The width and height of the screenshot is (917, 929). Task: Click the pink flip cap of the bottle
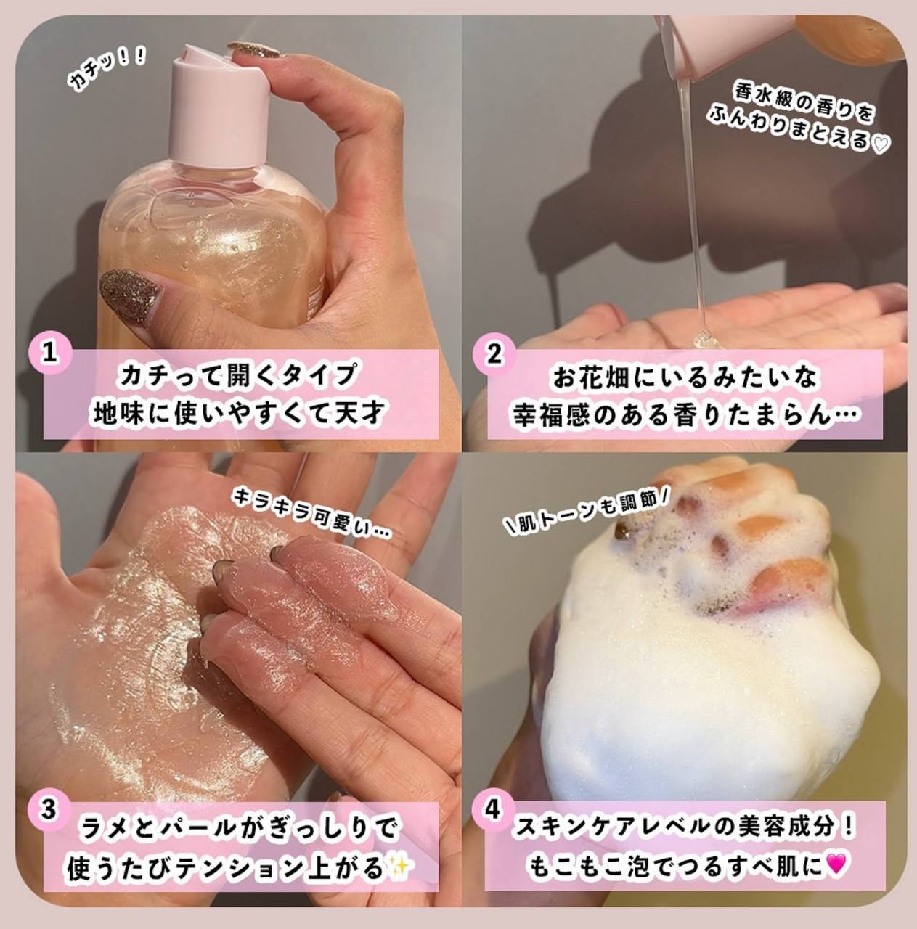tap(219, 105)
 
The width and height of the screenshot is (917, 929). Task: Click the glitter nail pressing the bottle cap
tap(253, 49)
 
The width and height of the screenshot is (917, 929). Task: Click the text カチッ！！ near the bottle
tap(106, 71)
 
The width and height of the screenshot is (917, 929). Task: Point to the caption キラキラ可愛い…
tap(312, 514)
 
